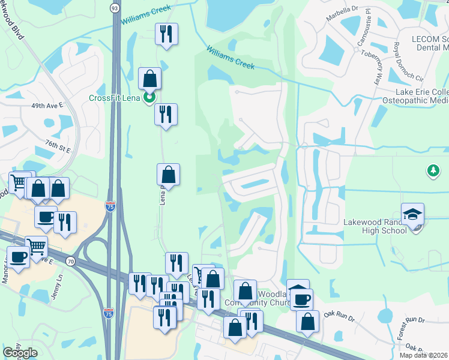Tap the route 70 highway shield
point(71,262)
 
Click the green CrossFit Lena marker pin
point(149,97)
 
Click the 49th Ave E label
point(47,105)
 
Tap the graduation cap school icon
point(412,214)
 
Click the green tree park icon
point(433,172)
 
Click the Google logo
point(20,352)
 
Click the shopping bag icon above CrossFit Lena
point(149,77)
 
